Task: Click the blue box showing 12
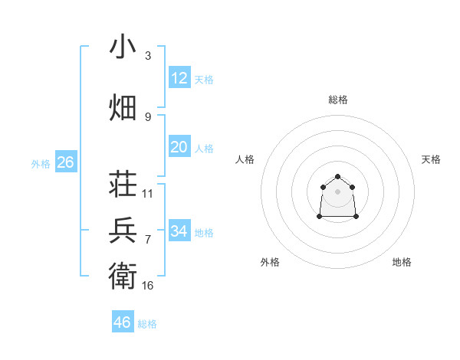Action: [x=179, y=77]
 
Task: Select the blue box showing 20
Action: [x=179, y=147]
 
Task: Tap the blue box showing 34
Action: [x=179, y=231]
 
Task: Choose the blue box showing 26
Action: [x=65, y=162]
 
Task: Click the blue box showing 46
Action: [x=123, y=322]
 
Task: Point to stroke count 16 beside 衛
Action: [x=148, y=286]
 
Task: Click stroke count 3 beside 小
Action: [x=148, y=56]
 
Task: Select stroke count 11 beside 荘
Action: [x=148, y=194]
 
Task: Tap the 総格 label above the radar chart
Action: [x=338, y=100]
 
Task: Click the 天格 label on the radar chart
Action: [x=431, y=159]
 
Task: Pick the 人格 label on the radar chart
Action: [x=245, y=159]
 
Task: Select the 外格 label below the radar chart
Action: [x=270, y=262]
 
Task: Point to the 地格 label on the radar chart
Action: [x=402, y=262]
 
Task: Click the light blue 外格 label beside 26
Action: [x=41, y=163]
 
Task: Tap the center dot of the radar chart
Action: [x=338, y=191]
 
